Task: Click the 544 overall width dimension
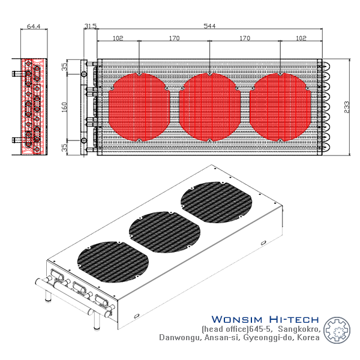tap(209, 26)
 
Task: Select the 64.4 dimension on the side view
tap(34, 26)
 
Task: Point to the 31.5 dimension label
tap(90, 26)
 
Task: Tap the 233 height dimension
tap(347, 107)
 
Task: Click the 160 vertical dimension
tap(64, 107)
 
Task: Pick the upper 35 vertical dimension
tap(65, 67)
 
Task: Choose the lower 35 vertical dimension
tap(65, 148)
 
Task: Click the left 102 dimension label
tap(118, 38)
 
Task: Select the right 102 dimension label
tap(301, 38)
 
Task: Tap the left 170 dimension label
tap(174, 38)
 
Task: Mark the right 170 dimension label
tap(245, 38)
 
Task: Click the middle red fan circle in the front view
tap(209, 107)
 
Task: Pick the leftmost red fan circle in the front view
tap(139, 107)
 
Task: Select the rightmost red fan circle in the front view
tap(280, 107)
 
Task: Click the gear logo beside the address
tap(337, 330)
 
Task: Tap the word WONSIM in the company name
tap(237, 319)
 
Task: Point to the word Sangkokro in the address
tap(299, 329)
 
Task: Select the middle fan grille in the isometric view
tap(164, 232)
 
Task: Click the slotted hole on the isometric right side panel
tap(263, 242)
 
